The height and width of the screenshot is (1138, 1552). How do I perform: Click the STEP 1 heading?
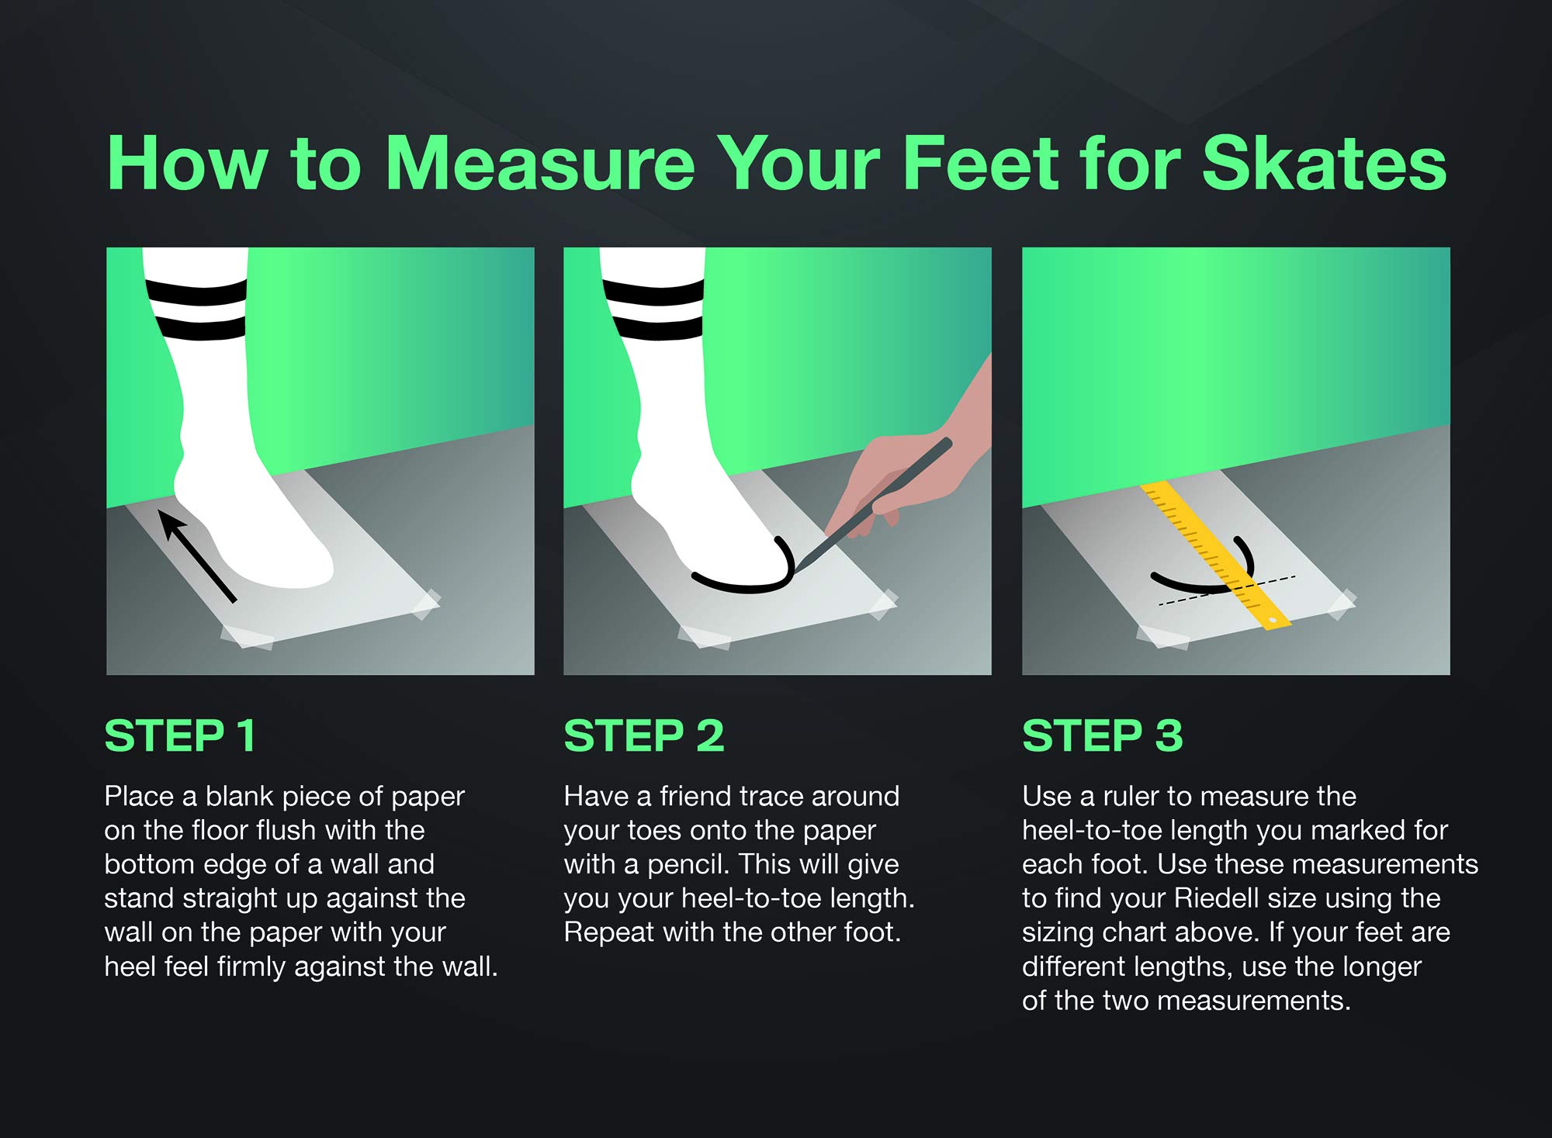[x=180, y=735]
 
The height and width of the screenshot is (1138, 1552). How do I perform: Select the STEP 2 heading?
[x=644, y=735]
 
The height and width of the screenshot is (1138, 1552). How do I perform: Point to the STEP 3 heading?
[x=1103, y=735]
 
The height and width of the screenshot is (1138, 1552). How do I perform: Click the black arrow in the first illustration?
[x=197, y=555]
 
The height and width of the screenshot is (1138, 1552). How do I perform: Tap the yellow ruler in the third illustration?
[x=1216, y=555]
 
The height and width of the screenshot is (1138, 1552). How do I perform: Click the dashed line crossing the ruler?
[x=1227, y=590]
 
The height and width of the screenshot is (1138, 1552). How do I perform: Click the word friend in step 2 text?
[x=695, y=796]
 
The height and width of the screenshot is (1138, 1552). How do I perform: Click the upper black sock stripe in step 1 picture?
[x=197, y=292]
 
